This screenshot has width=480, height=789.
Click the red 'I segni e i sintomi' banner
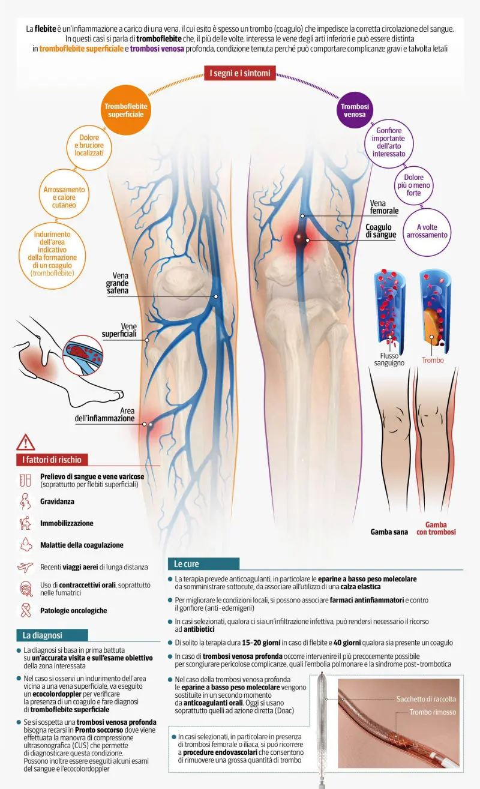click(240, 73)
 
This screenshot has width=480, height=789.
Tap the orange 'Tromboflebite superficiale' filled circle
click(126, 110)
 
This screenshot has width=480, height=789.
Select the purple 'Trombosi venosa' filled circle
click(355, 110)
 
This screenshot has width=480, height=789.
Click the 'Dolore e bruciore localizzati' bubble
click(89, 145)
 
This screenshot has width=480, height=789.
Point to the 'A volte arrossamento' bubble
click(427, 231)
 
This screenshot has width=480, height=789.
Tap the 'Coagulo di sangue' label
click(380, 231)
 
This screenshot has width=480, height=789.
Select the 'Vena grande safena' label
click(117, 283)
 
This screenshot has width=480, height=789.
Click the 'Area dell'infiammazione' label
click(104, 415)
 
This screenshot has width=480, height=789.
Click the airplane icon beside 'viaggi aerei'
click(25, 567)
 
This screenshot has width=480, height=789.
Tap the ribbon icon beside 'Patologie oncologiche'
click(26, 610)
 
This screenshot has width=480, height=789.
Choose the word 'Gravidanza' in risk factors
click(57, 501)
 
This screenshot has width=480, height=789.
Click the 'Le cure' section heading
click(186, 563)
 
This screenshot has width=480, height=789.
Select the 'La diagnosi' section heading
click(42, 635)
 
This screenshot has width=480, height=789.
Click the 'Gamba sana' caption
click(389, 532)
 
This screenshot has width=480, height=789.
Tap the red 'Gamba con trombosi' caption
click(436, 529)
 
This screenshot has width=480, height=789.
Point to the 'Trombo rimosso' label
click(433, 712)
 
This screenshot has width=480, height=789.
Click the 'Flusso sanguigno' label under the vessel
click(389, 359)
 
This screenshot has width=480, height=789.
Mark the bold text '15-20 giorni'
click(261, 643)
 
